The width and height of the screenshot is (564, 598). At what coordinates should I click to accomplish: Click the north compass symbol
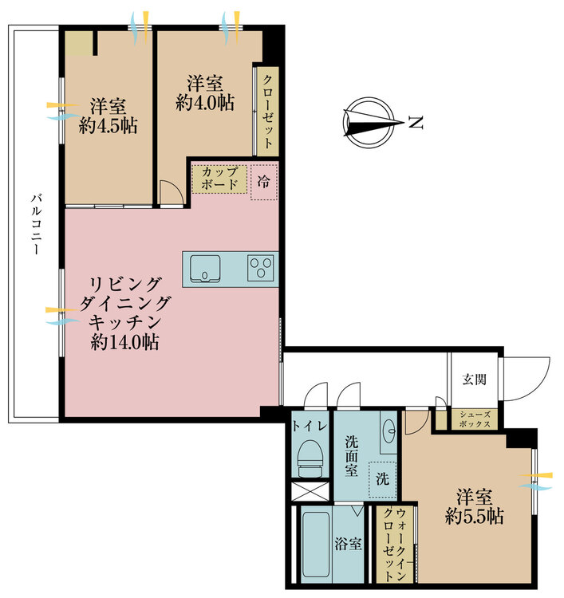pyautogui.click(x=369, y=123)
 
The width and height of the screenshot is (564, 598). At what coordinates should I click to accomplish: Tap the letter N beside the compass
pyautogui.click(x=416, y=123)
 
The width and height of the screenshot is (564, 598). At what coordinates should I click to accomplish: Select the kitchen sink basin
pyautogui.click(x=205, y=269)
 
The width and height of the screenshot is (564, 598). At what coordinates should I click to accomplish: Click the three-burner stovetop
pyautogui.click(x=261, y=268)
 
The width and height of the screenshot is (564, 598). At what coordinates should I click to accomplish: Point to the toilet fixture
pyautogui.click(x=310, y=458)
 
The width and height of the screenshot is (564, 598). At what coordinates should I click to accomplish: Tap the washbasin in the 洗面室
pyautogui.click(x=388, y=431)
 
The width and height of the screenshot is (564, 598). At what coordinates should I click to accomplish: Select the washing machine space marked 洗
pyautogui.click(x=383, y=479)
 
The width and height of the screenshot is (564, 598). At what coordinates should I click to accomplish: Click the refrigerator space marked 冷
pyautogui.click(x=264, y=182)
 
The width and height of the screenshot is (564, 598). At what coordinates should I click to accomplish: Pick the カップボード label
pyautogui.click(x=219, y=178)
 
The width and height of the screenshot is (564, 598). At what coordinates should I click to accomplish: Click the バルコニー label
pyautogui.click(x=36, y=224)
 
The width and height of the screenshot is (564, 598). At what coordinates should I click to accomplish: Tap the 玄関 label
pyautogui.click(x=475, y=379)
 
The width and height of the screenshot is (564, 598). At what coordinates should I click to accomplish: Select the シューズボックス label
pyautogui.click(x=475, y=419)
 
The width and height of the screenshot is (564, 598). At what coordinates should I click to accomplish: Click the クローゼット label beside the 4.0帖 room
pyautogui.click(x=268, y=112)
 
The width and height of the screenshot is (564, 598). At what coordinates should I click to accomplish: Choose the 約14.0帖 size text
pyautogui.click(x=124, y=342)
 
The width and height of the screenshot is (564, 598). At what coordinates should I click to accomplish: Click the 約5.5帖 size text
pyautogui.click(x=475, y=517)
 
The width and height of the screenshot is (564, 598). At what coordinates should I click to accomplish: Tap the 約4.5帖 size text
pyautogui.click(x=108, y=125)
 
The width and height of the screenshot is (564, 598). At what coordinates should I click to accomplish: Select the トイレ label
pyautogui.click(x=310, y=426)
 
